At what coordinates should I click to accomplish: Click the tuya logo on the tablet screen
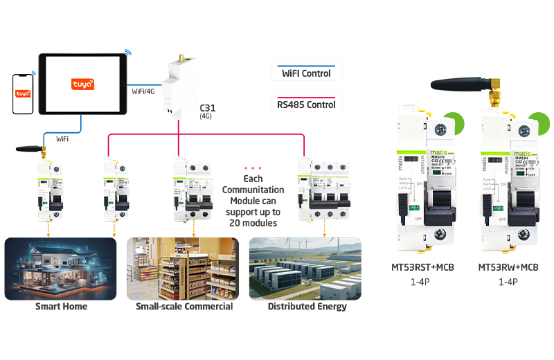pyautogui.click(x=82, y=84)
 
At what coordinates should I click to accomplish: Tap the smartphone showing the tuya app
pyautogui.click(x=23, y=93)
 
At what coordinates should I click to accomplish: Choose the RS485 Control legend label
pyautogui.click(x=305, y=105)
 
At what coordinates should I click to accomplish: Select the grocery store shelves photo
pyautogui.click(x=181, y=272)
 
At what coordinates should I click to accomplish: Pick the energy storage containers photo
pyautogui.click(x=303, y=272)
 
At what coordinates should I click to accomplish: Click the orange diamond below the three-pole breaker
pyautogui.click(x=323, y=228)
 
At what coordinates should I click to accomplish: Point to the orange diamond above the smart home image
pyautogui.click(x=48, y=228)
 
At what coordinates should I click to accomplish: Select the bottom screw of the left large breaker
pyautogui.click(x=438, y=238)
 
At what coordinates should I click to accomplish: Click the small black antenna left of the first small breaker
pyautogui.click(x=28, y=148)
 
